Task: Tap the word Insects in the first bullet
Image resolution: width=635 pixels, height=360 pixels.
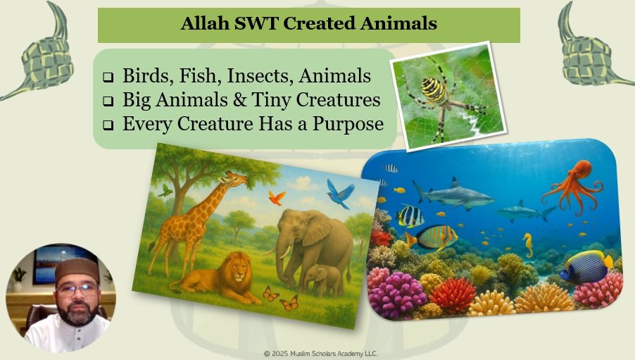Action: (260, 76)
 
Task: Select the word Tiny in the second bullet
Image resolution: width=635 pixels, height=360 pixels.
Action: (270, 100)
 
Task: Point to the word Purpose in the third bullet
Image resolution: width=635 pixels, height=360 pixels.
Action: (348, 125)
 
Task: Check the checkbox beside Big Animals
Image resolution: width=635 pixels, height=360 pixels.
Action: (108, 101)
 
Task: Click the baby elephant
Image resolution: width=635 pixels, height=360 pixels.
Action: (324, 280)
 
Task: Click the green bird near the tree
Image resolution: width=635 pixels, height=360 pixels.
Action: (165, 190)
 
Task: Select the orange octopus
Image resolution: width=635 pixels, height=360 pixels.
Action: (575, 187)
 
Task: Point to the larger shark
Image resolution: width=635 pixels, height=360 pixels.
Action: (453, 194)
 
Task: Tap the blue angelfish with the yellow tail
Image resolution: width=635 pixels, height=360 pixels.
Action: (586, 267)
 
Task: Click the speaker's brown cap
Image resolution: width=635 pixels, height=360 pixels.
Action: (77, 271)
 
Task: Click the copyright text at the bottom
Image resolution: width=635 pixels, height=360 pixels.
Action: (320, 354)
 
